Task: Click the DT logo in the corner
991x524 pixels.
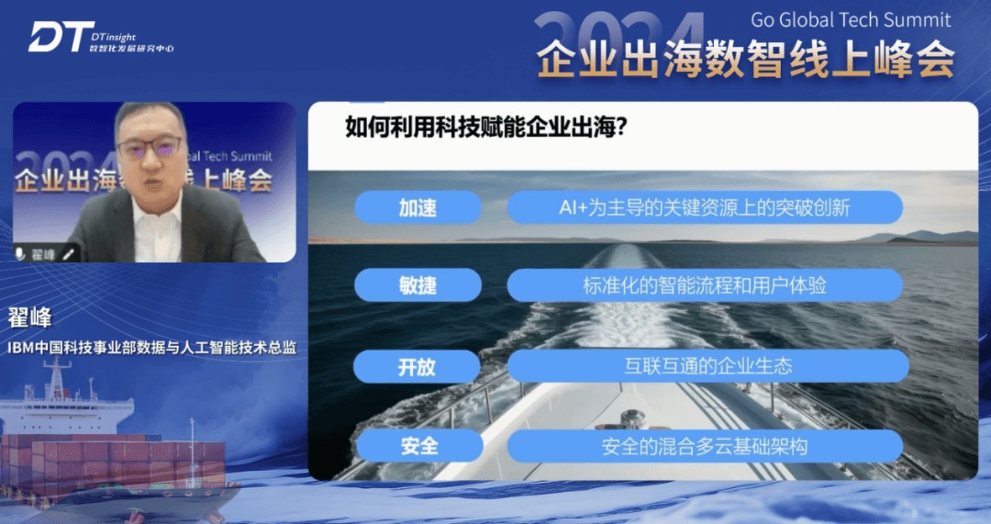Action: click(61, 37)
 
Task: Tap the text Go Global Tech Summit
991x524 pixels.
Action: click(850, 19)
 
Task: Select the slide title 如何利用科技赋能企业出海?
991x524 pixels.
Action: click(485, 127)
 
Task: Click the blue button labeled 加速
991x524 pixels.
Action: click(418, 207)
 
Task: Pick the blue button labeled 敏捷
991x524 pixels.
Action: click(418, 285)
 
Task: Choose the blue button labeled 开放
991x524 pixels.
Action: click(417, 366)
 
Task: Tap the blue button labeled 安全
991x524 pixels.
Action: click(419, 446)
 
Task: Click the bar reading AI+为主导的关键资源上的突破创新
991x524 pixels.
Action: click(705, 207)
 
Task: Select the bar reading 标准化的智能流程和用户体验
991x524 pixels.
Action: click(705, 285)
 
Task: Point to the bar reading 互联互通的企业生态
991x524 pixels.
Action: click(707, 366)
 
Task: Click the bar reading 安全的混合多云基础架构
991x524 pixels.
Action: click(705, 446)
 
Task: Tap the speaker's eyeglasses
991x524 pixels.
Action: click(150, 148)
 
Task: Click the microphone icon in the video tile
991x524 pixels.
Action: click(19, 254)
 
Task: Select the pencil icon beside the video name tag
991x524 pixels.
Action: click(68, 254)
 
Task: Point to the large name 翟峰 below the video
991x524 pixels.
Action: click(29, 318)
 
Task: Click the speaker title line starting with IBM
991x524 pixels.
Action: click(151, 347)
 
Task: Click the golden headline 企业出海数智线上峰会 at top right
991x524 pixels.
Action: click(746, 59)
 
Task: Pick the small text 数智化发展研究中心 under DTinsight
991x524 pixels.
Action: click(131, 48)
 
